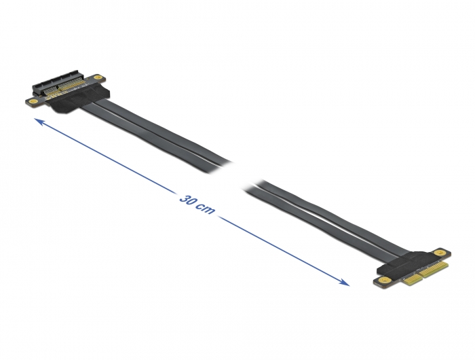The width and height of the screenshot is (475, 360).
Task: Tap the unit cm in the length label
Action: click(x=206, y=209)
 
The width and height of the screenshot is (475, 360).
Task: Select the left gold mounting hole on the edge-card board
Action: click(x=384, y=278)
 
